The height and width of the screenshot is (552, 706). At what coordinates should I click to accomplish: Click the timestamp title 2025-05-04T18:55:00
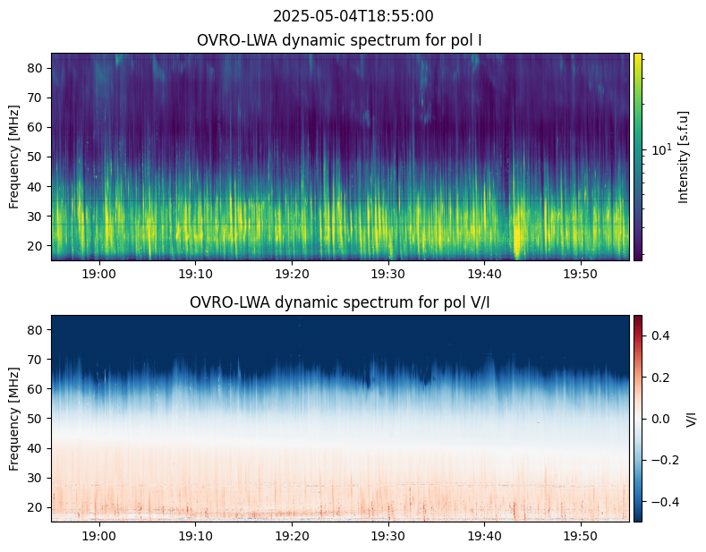(353, 16)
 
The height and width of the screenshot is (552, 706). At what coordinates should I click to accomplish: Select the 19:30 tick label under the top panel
(388, 273)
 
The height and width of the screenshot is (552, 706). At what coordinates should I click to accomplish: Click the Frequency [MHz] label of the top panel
(14, 157)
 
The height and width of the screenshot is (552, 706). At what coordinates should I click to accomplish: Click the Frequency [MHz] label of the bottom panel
(14, 419)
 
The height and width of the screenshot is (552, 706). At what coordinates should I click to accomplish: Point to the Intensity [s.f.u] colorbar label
(685, 157)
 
